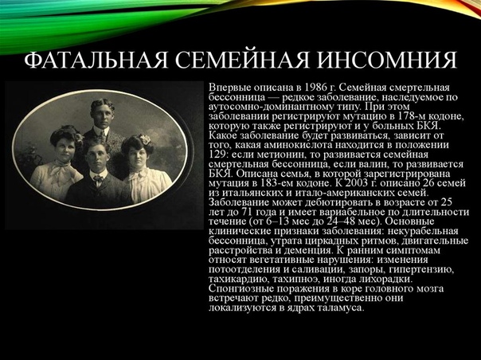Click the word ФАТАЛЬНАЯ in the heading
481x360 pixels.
pyautogui.click(x=96, y=60)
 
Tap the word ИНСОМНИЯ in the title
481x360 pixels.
pyautogui.click(x=387, y=60)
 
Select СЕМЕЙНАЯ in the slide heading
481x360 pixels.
pyautogui.click(x=242, y=60)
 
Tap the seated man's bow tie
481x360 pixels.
pyautogui.click(x=98, y=178)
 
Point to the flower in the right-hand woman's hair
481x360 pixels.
pyautogui.click(x=145, y=139)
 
